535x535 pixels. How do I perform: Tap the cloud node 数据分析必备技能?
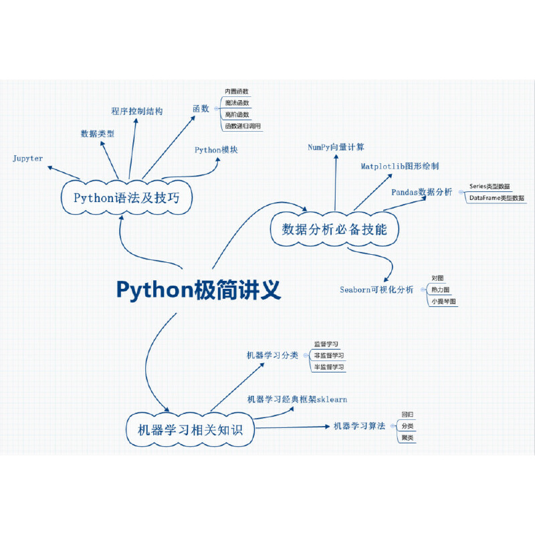[x=334, y=229]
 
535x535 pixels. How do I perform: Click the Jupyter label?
[x=28, y=158]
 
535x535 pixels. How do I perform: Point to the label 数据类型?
[x=98, y=134]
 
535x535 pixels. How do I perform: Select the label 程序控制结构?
[x=136, y=111]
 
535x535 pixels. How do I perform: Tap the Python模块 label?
[x=217, y=150]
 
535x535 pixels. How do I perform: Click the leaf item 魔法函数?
[x=237, y=103]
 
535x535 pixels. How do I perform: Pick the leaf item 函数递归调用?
[x=243, y=126]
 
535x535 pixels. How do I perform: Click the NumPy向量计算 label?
[x=336, y=146]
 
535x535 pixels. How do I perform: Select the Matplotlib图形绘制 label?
[x=400, y=166]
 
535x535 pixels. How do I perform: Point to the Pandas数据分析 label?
[x=422, y=192]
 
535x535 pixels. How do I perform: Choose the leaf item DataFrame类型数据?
[x=498, y=199]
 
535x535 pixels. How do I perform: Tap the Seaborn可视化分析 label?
[x=377, y=290]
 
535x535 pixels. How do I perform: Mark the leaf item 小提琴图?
[x=443, y=302]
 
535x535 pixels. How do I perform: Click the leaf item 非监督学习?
[x=329, y=355]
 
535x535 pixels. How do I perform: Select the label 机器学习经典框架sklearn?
[x=297, y=399]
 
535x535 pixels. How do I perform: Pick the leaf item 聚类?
[x=407, y=438]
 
